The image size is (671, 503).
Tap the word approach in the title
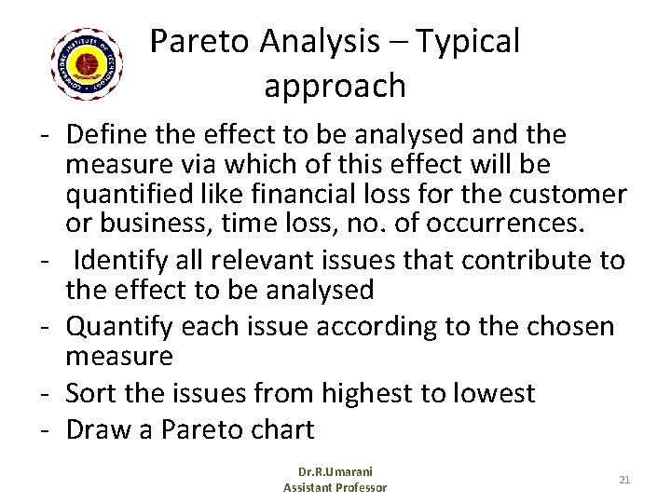point(335,86)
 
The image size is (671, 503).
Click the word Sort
point(90,393)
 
